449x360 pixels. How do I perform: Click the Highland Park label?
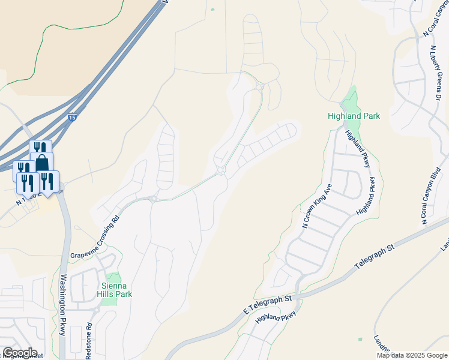pyautogui.click(x=354, y=116)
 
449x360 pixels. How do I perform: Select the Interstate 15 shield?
pyautogui.click(x=72, y=119)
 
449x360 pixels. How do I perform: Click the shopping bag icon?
pyautogui.click(x=42, y=163)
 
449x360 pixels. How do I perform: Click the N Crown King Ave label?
pyautogui.click(x=317, y=206)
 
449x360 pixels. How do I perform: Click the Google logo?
pyautogui.click(x=20, y=353)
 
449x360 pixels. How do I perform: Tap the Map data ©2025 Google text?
pyautogui.click(x=412, y=355)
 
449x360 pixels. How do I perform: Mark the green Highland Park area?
pyautogui.click(x=349, y=100)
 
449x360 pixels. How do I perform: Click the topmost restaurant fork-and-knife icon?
pyautogui.click(x=40, y=148)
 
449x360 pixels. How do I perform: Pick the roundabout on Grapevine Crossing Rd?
pyautogui.click(x=220, y=171)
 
